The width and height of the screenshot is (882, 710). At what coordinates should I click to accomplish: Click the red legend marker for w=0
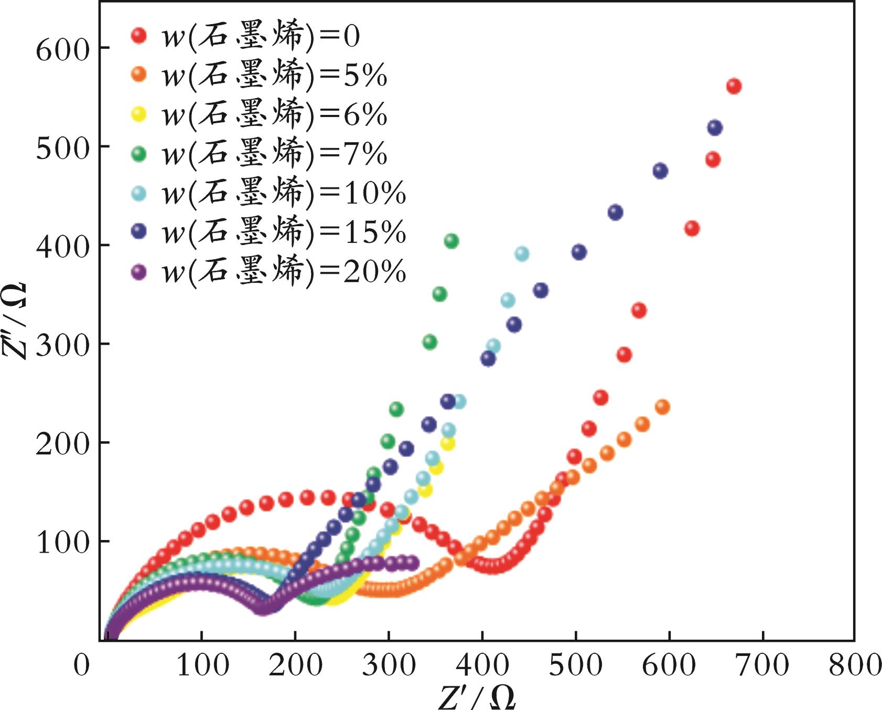[139, 36]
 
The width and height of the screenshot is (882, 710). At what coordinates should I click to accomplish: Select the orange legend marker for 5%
[139, 75]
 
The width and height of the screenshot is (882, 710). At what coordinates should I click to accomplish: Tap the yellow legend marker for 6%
[139, 114]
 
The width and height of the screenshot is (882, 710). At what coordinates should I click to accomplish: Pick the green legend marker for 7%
[139, 154]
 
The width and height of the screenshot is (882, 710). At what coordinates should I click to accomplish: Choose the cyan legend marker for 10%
[139, 193]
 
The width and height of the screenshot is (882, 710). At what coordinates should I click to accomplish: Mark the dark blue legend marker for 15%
[139, 231]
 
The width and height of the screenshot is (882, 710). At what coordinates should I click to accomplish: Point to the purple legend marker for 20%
[139, 271]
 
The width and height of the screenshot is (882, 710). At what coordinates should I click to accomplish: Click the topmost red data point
[734, 87]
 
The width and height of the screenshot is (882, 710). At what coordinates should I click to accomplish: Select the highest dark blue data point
[715, 128]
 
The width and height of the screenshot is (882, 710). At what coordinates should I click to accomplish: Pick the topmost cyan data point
[522, 254]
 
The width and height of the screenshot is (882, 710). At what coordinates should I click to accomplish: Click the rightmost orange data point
[662, 407]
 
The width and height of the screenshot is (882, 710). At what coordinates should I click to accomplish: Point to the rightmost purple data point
[412, 563]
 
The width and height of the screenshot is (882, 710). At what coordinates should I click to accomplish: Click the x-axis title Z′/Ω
[476, 696]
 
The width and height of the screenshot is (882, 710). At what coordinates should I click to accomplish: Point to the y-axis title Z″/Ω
[16, 320]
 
